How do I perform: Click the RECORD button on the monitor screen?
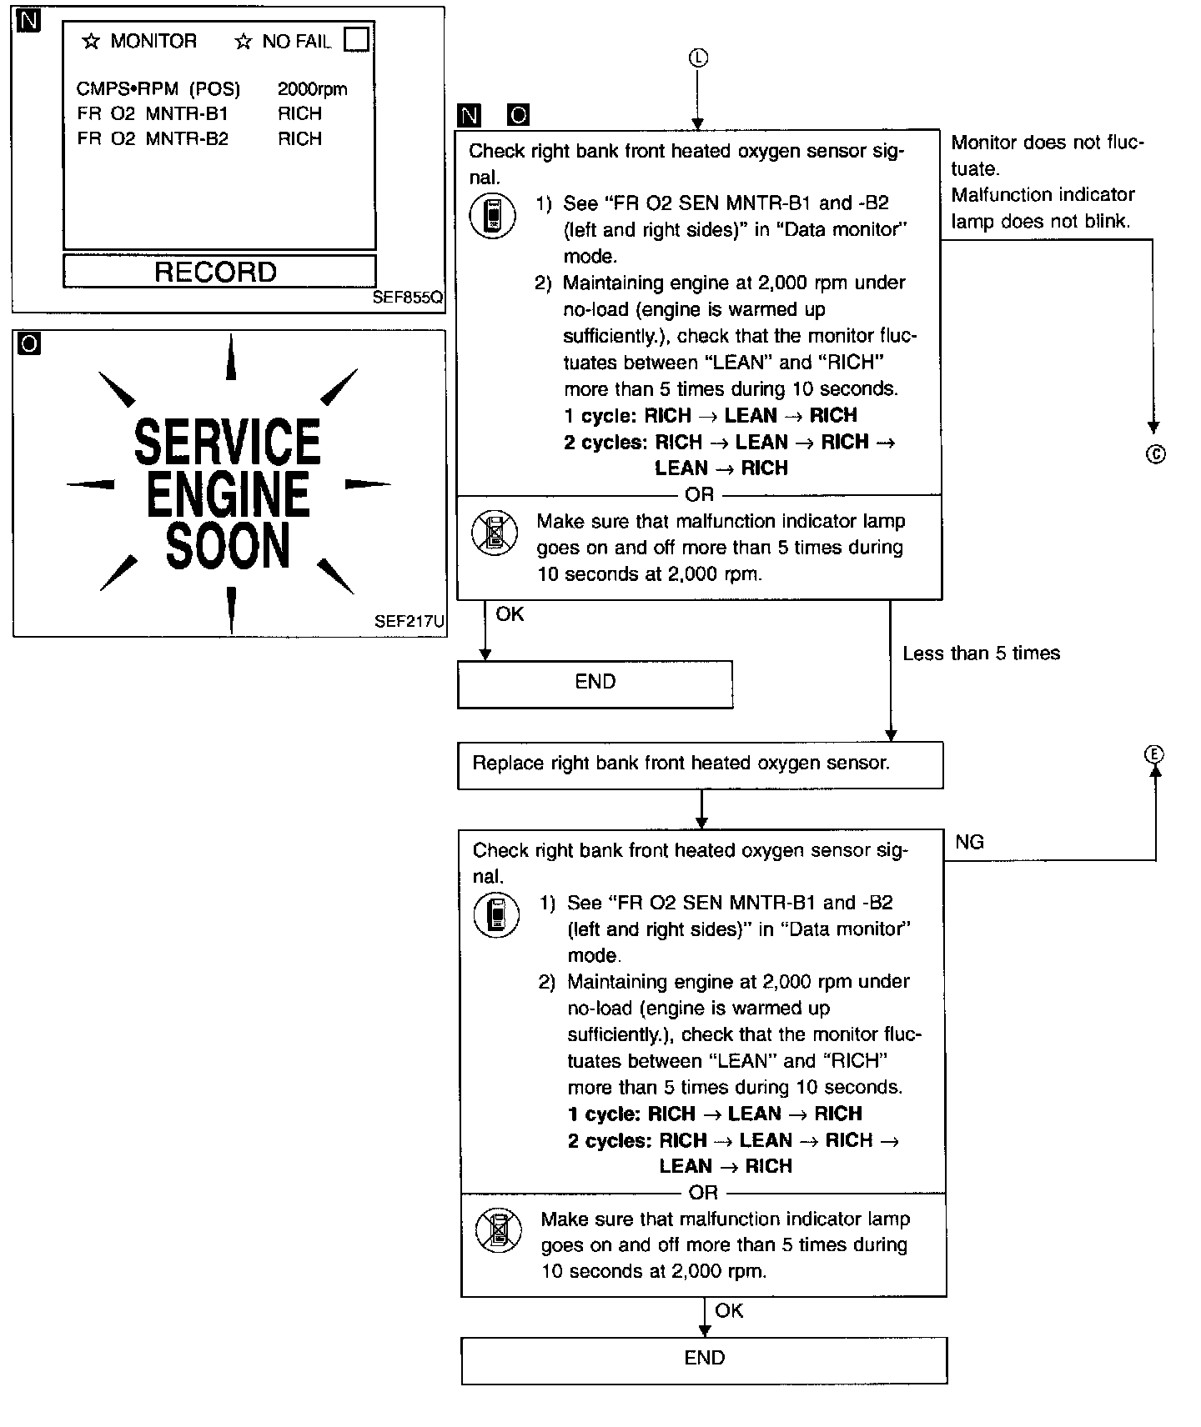point(219,272)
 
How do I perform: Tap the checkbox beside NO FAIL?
point(356,39)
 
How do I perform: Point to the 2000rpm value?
point(312,89)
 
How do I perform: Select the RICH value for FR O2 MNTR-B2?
point(299,138)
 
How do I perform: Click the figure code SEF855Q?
point(408,298)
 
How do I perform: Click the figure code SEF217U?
point(409,621)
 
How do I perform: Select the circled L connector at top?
point(698,58)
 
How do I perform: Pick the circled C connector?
point(1155,455)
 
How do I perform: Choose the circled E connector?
point(1154,754)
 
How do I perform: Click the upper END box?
point(595,683)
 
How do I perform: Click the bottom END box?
point(704,1359)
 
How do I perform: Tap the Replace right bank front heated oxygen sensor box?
point(700,764)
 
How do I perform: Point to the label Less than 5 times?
point(981,653)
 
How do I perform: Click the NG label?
point(969,842)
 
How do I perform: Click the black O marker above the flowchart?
point(518,115)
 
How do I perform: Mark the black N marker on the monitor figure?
point(28,20)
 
